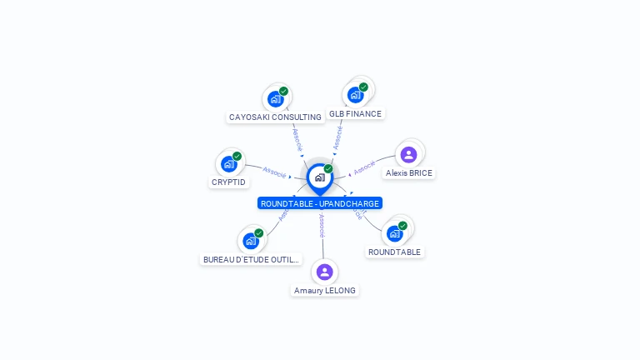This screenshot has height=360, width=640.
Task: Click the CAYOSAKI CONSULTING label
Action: click(x=275, y=117)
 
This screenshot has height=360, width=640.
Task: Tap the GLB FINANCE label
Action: click(x=355, y=113)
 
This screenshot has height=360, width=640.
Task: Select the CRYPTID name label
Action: click(x=229, y=182)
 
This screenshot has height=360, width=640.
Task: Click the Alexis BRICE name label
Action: click(x=409, y=173)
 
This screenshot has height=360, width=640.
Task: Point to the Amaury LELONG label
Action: click(x=325, y=291)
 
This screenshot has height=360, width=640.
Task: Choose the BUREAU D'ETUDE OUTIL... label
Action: click(x=251, y=259)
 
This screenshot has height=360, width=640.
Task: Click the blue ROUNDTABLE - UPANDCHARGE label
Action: click(x=320, y=203)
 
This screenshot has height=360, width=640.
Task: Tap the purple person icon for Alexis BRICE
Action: click(x=408, y=154)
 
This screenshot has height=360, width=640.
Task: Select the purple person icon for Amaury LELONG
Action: click(x=325, y=272)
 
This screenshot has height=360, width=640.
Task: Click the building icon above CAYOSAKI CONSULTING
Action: click(x=275, y=99)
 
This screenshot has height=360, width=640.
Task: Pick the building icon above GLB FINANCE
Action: click(x=355, y=94)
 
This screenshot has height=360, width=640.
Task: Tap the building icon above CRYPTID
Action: click(x=228, y=164)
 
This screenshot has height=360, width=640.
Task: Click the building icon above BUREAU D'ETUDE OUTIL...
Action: click(x=250, y=241)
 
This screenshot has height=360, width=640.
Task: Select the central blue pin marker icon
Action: click(x=318, y=177)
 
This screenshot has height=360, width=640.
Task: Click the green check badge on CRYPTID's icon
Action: click(x=237, y=157)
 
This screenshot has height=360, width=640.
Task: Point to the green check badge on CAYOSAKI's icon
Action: click(x=283, y=92)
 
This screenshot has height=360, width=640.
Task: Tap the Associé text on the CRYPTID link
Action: click(x=274, y=172)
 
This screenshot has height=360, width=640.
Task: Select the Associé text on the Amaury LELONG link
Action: click(x=322, y=226)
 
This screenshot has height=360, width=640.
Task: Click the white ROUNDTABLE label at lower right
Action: click(x=395, y=252)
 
